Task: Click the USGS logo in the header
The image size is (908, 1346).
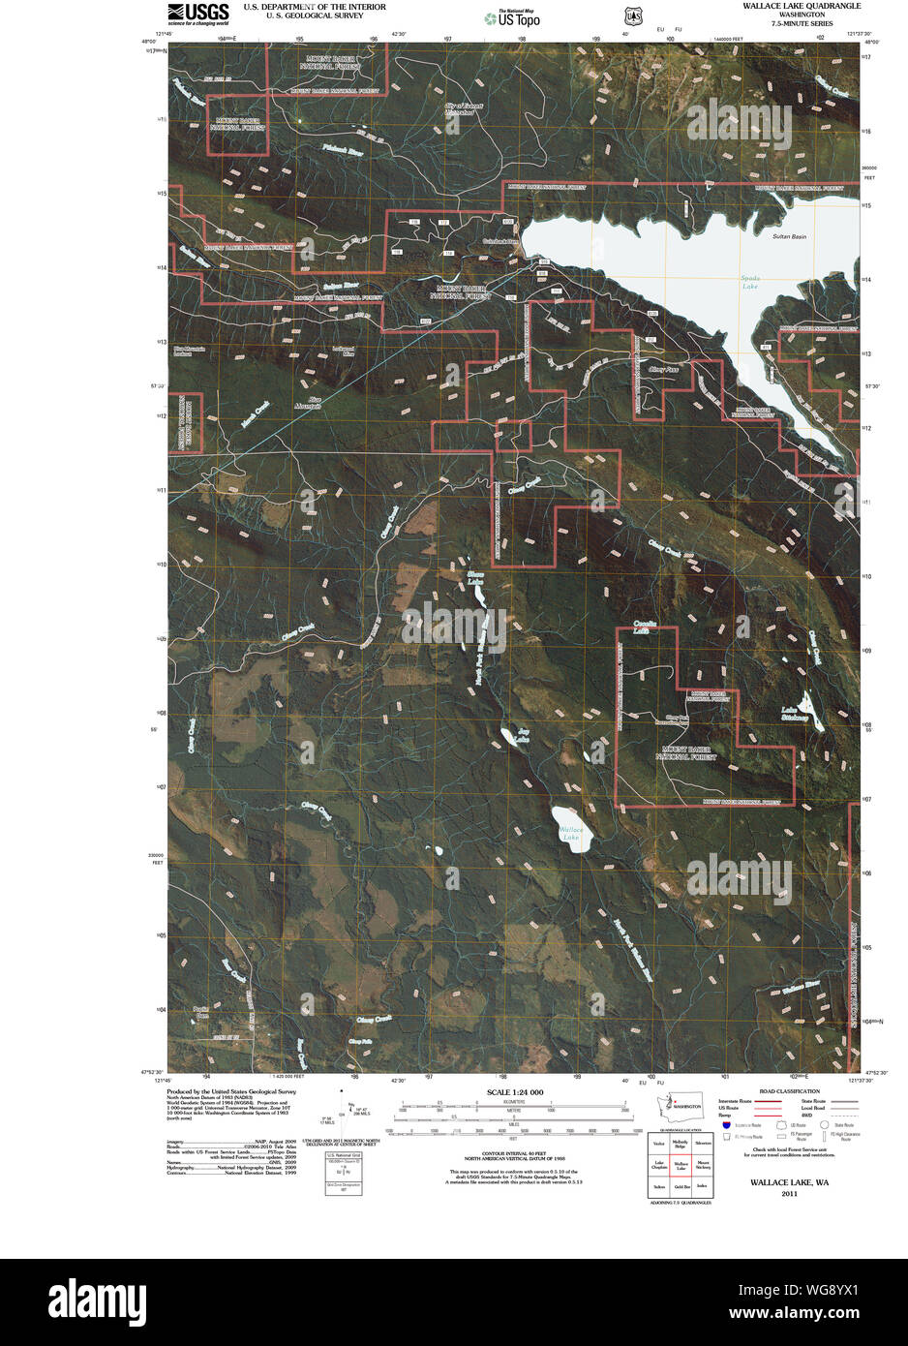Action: point(197,13)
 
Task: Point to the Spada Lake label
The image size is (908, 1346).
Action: point(750,283)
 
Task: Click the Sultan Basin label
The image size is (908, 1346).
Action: point(789,236)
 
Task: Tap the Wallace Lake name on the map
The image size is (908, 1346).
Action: point(572,833)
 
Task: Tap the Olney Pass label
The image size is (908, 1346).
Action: point(664,369)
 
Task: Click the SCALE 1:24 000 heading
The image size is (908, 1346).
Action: point(514,1092)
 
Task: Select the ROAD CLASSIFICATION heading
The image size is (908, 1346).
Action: point(789,1091)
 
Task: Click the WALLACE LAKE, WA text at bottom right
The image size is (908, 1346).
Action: point(789,1182)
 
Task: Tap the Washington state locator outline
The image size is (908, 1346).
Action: point(667,1105)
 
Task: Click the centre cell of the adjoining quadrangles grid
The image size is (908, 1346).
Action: point(681,1166)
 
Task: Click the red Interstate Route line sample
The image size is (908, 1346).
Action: point(768,1101)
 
